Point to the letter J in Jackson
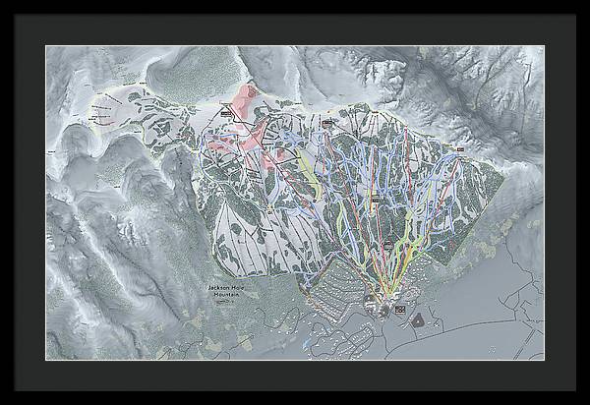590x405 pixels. click(209, 286)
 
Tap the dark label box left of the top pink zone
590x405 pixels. click(225, 113)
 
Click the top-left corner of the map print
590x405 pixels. click(46, 45)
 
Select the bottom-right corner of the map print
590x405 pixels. click(544, 360)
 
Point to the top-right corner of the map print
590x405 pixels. click(544, 45)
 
